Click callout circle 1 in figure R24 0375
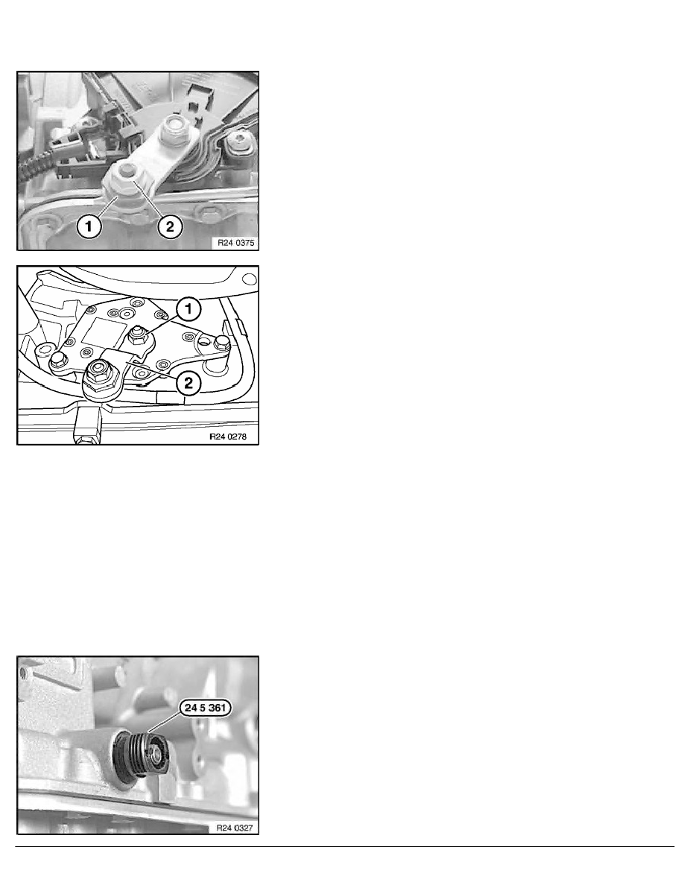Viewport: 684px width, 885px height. pyautogui.click(x=89, y=227)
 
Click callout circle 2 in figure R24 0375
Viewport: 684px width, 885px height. pyautogui.click(x=170, y=227)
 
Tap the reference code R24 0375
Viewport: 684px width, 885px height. pyautogui.click(x=236, y=244)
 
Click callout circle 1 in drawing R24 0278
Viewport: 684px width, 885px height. pyautogui.click(x=189, y=308)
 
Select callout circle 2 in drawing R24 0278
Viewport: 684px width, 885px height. pyautogui.click(x=189, y=383)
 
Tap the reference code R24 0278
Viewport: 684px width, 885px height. pyautogui.click(x=228, y=437)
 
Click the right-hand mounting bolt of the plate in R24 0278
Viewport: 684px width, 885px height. pyautogui.click(x=221, y=341)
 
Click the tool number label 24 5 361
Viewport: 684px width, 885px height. pyautogui.click(x=206, y=708)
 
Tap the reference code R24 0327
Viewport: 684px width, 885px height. pyautogui.click(x=235, y=828)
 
